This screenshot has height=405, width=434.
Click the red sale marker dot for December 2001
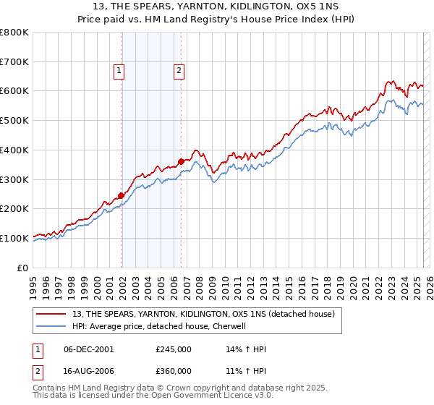(x=122, y=195)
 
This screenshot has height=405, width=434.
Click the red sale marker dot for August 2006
(x=181, y=161)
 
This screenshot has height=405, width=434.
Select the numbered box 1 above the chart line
(x=119, y=71)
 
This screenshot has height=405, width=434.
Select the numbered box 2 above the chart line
(x=178, y=71)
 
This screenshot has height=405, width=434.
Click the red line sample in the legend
(x=51, y=315)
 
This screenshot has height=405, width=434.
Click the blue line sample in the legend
(x=51, y=326)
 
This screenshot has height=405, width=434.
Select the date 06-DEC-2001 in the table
(x=88, y=349)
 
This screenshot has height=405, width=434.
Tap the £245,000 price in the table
(x=174, y=349)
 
